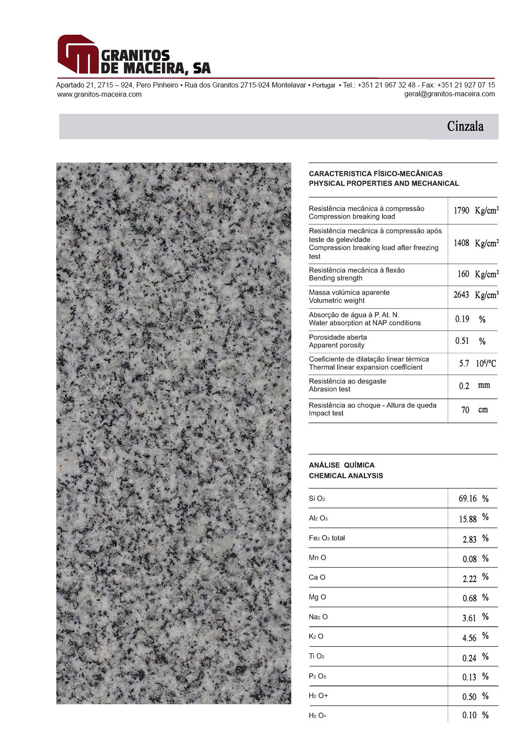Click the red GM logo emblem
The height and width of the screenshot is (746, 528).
78,55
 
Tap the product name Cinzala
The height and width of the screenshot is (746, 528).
465,127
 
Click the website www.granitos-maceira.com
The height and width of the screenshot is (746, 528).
99,94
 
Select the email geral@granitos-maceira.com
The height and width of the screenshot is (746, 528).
449,94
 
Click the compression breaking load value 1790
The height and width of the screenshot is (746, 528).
462,211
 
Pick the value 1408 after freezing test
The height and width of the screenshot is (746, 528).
462,243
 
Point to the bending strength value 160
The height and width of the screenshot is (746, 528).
463,274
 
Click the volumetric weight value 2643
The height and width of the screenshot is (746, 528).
462,295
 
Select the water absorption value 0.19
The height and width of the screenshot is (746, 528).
462,319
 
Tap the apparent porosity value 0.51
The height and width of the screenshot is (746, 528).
462,341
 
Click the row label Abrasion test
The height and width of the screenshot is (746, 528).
330,389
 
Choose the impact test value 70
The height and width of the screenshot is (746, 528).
465,410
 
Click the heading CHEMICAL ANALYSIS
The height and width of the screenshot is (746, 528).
346,476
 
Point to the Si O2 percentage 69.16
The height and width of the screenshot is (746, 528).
467,499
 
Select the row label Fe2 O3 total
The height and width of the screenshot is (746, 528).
326,538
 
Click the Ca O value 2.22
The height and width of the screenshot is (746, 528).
469,579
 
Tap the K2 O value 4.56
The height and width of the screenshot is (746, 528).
469,638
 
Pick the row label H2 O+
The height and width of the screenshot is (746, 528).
318,695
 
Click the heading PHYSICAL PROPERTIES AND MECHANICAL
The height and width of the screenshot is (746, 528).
384,183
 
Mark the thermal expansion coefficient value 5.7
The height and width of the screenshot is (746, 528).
464,364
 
